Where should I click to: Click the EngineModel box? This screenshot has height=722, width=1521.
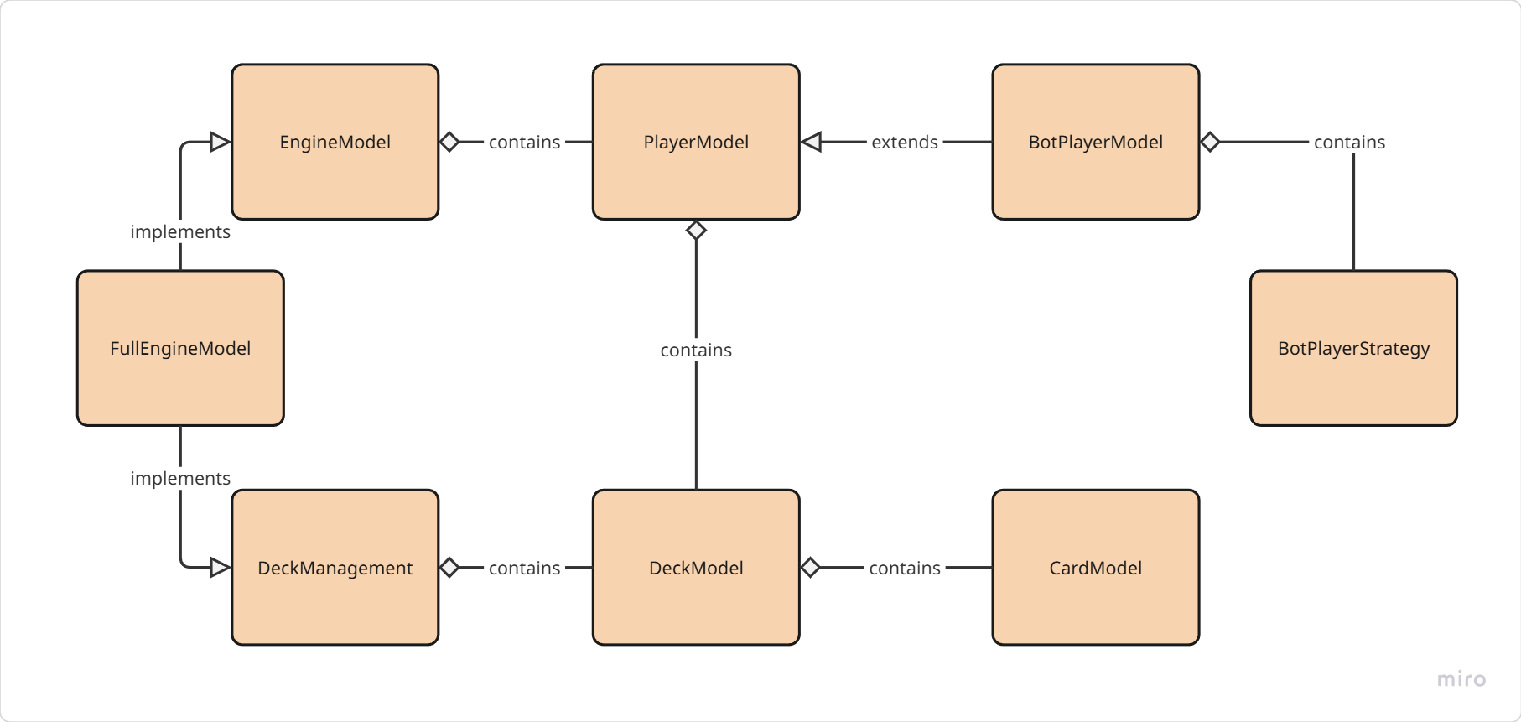(335, 142)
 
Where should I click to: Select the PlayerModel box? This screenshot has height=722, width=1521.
(695, 142)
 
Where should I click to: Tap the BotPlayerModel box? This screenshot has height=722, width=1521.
(1095, 142)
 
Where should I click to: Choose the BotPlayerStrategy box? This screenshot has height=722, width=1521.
(1353, 348)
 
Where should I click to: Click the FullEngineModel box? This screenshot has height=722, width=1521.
(180, 348)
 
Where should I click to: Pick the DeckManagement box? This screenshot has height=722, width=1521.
(335, 568)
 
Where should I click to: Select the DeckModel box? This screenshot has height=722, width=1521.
(695, 568)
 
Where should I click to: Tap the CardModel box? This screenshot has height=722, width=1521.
(1095, 568)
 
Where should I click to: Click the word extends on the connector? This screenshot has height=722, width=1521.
(904, 142)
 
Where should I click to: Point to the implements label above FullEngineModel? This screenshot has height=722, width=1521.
(180, 231)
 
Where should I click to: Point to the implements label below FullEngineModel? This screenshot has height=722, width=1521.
(180, 478)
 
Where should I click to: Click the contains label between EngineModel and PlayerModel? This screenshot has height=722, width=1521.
(524, 142)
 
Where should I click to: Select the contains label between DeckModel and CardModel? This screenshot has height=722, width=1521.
(904, 568)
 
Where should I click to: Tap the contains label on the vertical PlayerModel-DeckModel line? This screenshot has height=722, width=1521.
(696, 350)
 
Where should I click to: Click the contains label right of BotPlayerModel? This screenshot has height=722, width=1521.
(1349, 142)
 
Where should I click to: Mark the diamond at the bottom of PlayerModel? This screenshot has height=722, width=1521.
(696, 230)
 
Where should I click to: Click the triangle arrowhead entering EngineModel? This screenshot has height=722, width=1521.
(221, 142)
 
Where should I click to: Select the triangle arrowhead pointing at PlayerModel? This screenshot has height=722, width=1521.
(811, 142)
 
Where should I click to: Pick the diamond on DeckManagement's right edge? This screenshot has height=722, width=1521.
(449, 568)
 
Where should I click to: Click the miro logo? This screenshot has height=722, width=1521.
(1461, 679)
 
